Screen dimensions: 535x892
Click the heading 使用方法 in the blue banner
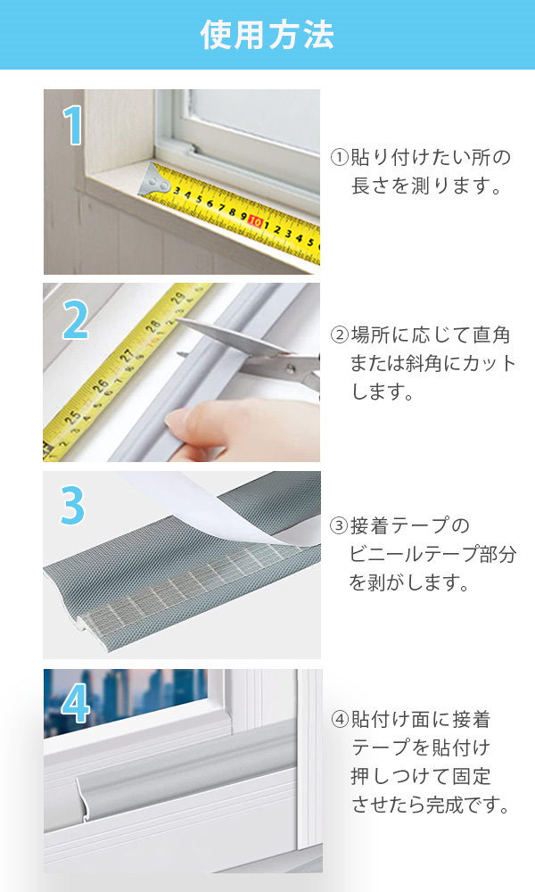[267, 35]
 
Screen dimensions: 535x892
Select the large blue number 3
[73, 505]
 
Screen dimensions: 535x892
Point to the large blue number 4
[76, 703]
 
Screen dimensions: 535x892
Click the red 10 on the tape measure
[255, 222]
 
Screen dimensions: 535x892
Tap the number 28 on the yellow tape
[153, 327]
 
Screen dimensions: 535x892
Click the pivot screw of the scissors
[291, 369]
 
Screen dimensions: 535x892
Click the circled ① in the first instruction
[340, 158]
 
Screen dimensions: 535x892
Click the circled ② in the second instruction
[340, 335]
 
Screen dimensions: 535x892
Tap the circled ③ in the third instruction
[340, 525]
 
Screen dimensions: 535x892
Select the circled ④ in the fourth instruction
[340, 720]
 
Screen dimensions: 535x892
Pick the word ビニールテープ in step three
[414, 554]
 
